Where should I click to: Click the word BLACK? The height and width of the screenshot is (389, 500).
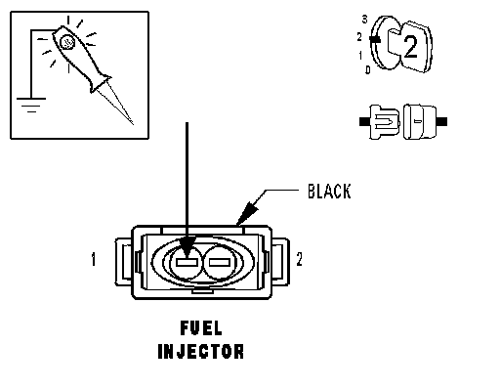[x=329, y=192]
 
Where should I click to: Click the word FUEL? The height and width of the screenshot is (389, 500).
[x=201, y=328]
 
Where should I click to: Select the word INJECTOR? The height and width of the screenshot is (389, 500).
[x=201, y=351]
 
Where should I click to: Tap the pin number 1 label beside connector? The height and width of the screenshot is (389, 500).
[x=94, y=259]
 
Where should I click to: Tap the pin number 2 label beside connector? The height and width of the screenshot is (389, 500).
[x=299, y=259]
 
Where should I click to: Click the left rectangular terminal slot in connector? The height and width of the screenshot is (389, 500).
[x=187, y=262]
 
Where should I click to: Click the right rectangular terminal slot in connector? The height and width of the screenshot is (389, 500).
[x=220, y=262]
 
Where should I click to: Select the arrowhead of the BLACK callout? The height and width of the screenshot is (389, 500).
[x=247, y=212]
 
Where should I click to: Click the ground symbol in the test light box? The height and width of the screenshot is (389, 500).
[x=31, y=105]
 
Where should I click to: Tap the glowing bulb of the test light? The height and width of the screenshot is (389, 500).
[x=67, y=42]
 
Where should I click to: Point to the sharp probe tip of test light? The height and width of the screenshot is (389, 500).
[x=133, y=124]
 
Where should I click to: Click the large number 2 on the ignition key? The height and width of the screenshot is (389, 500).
[x=411, y=47]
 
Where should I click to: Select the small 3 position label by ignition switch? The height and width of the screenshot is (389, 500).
[x=364, y=20]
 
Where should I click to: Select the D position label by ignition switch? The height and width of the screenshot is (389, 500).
[x=368, y=69]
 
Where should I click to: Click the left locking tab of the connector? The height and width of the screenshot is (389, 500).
[x=124, y=262]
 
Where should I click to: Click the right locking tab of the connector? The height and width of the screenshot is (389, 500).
[x=280, y=262]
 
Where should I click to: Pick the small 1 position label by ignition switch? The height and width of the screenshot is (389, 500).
[x=360, y=56]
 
